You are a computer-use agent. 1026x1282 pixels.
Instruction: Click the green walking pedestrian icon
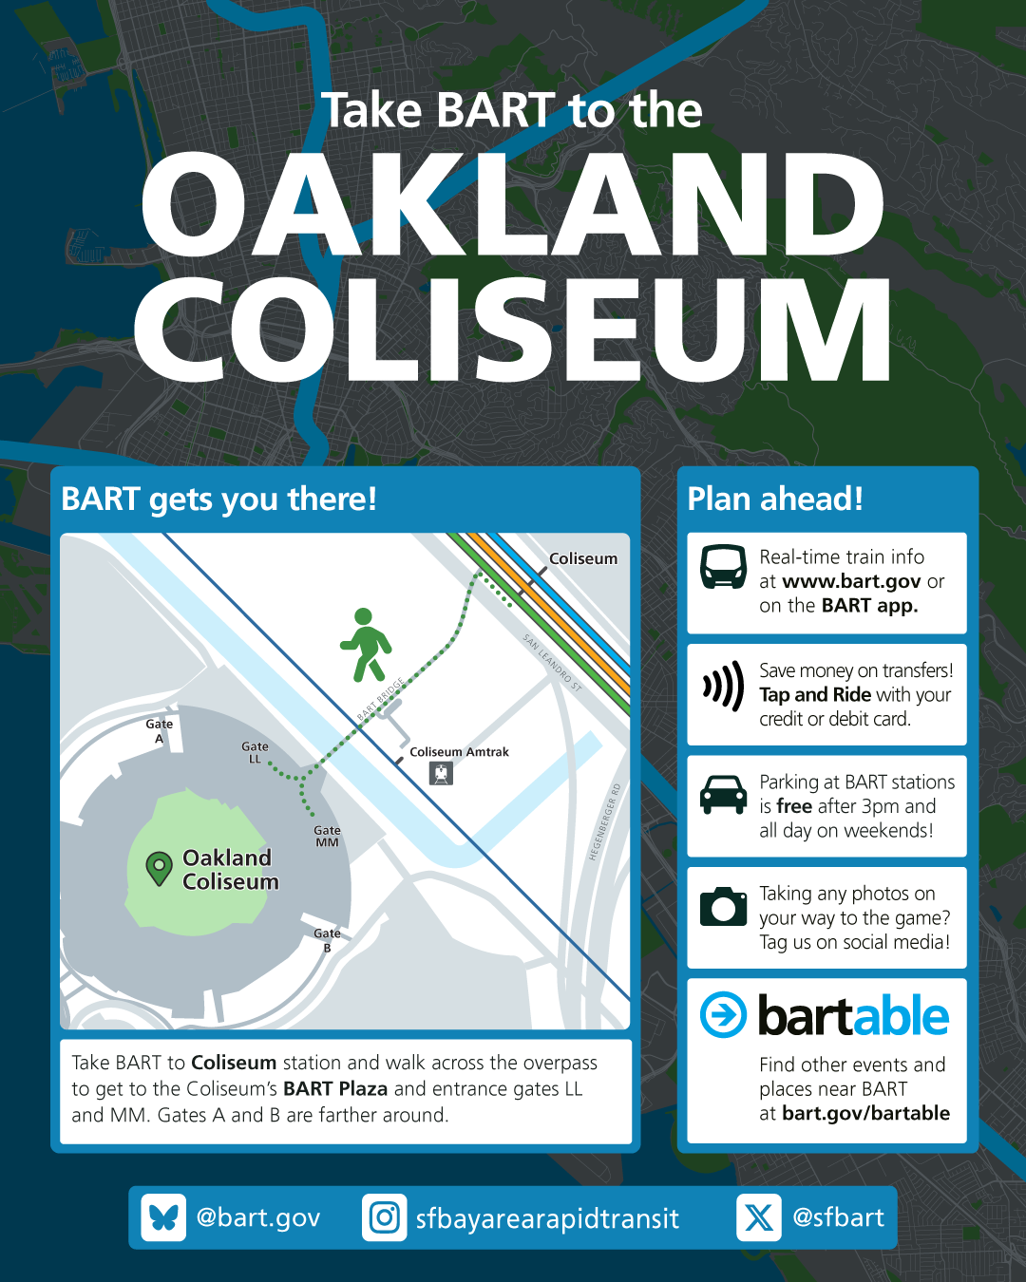(366, 645)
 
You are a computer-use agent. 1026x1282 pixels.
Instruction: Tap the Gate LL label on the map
(255, 752)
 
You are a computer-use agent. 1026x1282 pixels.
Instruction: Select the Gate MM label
(327, 836)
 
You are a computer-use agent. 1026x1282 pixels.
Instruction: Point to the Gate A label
(160, 731)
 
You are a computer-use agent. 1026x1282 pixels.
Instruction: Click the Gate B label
(327, 940)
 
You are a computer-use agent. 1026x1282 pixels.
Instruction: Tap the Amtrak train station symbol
(441, 774)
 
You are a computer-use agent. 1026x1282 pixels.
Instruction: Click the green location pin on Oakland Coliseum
(160, 868)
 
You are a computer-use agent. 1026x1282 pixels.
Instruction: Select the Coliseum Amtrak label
(459, 752)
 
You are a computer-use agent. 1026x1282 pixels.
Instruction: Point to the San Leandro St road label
(552, 663)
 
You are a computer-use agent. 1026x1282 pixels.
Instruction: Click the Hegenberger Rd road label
(605, 822)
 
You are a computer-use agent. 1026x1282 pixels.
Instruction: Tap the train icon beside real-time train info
(723, 567)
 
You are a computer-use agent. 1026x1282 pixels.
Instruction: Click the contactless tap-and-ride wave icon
(723, 687)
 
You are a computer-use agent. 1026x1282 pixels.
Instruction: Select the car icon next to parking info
(723, 795)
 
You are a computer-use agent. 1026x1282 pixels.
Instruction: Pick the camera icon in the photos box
(723, 906)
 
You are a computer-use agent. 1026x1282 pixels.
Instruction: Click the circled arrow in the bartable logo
(723, 1014)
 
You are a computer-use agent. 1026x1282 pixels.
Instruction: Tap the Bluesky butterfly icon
(163, 1217)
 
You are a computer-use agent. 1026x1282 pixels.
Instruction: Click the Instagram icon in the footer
(384, 1217)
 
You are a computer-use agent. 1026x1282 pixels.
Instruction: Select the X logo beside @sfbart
(759, 1217)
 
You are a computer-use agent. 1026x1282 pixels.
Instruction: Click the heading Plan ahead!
(775, 499)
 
